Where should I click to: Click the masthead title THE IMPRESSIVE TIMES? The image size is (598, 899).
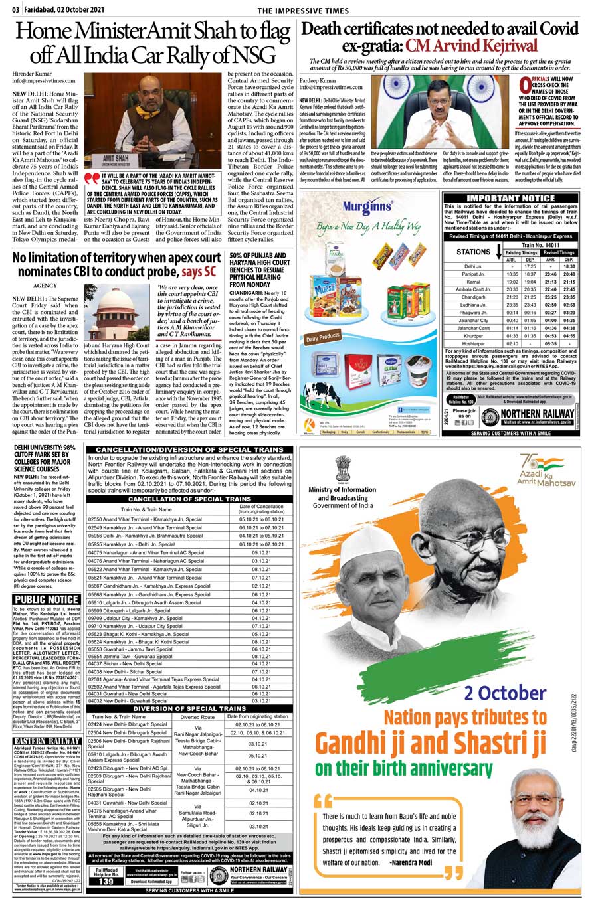click(303, 11)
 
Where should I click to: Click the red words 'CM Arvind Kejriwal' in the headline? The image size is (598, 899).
click(471, 46)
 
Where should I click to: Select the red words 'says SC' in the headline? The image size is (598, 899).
click(201, 272)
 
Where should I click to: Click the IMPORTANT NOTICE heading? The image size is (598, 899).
click(510, 198)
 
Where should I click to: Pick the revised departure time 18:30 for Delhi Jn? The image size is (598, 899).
click(568, 266)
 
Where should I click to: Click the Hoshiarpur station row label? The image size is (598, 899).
click(473, 344)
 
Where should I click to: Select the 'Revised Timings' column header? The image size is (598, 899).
click(559, 252)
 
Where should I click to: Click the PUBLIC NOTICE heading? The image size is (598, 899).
click(47, 599)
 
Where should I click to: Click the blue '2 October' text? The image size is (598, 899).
click(506, 693)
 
